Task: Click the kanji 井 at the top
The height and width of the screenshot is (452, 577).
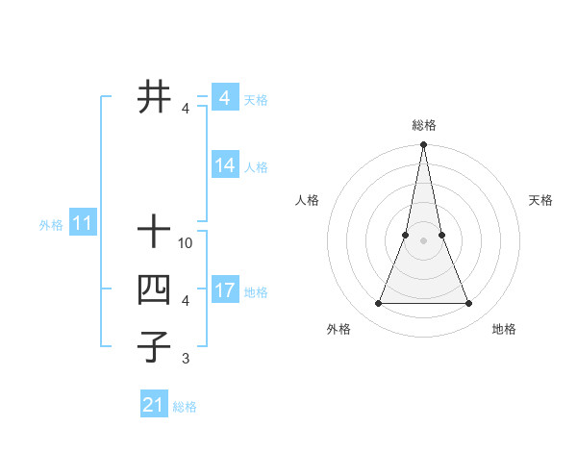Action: (154, 96)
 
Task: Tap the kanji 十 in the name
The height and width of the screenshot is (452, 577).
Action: (154, 232)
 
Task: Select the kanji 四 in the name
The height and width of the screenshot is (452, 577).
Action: (154, 289)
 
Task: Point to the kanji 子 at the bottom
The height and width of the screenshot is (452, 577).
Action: (154, 346)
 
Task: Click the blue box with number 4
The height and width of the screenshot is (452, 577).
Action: (224, 98)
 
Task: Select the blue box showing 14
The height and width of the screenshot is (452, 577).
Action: (224, 165)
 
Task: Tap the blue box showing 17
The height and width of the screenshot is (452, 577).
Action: (224, 290)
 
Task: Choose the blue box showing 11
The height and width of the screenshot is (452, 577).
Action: (82, 224)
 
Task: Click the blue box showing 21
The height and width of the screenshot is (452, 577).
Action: (153, 405)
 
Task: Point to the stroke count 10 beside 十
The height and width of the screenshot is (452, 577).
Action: (186, 244)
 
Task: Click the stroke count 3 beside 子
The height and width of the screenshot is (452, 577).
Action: (186, 360)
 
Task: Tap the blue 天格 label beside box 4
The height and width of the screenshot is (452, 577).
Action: (256, 100)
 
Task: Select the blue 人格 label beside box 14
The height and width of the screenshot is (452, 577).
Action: (256, 167)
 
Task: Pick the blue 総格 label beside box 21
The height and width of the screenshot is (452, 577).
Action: (185, 407)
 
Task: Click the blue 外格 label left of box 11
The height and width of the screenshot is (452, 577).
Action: (51, 226)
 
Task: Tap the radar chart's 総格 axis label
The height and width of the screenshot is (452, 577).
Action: (423, 125)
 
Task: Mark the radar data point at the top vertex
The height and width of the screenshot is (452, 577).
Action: (423, 145)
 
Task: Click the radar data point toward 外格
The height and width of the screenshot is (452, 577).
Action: (378, 304)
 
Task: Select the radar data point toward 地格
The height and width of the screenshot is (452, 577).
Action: (469, 304)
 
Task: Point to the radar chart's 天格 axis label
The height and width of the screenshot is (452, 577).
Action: (541, 200)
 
